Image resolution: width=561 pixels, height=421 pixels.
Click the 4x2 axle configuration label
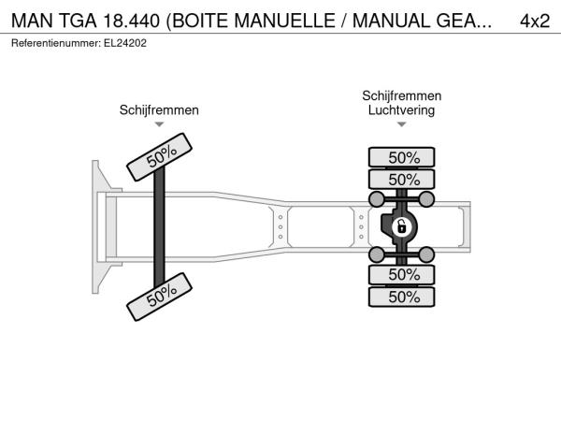pos(535,21)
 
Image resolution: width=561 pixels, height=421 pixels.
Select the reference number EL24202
pos(125,43)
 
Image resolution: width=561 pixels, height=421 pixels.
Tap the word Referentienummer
pos(56,43)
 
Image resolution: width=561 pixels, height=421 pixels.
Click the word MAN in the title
pos(33,21)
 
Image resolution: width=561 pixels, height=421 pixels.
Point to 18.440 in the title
pos(131,21)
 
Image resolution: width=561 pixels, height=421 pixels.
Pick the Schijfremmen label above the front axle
pos(159,109)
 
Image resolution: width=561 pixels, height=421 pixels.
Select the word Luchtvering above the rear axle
pos(401,109)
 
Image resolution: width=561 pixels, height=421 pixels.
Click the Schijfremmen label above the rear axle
pos(401,95)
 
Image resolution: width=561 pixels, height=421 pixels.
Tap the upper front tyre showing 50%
pos(160,157)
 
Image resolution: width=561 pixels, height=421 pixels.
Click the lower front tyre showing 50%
pos(160,297)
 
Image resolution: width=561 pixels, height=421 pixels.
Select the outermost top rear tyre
pos(401,157)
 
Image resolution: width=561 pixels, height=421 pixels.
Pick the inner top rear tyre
pos(401,179)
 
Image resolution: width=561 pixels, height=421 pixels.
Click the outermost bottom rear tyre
pos(401,297)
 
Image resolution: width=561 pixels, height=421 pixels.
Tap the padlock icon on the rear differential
pos(401,227)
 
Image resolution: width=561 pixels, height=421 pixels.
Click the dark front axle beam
pos(159,227)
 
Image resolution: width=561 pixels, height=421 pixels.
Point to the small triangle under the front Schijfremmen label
pos(159,124)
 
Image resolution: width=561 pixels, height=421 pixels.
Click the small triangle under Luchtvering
pos(401,124)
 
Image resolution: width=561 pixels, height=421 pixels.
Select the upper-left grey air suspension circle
pos(377,199)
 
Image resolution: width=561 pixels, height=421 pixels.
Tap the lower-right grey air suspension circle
pos(426,254)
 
